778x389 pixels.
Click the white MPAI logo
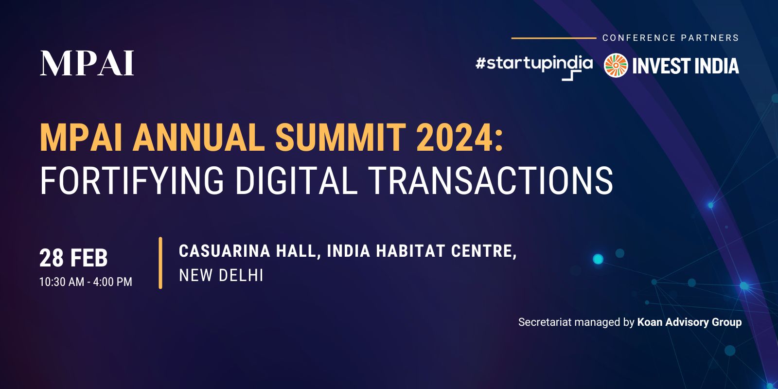87,63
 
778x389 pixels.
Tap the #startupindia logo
534,68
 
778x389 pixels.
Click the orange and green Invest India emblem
616,65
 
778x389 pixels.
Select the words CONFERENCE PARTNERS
671,38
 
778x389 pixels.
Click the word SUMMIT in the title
340,138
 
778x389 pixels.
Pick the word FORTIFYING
132,181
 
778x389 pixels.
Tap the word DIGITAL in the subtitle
297,181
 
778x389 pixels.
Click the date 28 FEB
73,258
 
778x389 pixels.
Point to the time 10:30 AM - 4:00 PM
86,282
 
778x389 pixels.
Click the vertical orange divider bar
160,263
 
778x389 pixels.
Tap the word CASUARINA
225,251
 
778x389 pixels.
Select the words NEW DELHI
221,275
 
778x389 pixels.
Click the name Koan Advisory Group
690,322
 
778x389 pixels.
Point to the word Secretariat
545,322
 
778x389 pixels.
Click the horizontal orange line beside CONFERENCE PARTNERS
554,38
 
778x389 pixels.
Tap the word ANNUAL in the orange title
199,138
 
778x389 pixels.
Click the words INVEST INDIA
686,66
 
